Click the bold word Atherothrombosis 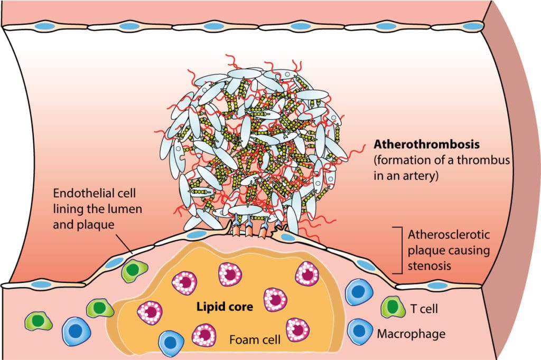(417, 144)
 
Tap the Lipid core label (223, 307)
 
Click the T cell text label (422, 308)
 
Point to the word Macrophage (411, 333)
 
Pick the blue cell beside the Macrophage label (359, 331)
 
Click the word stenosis (430, 265)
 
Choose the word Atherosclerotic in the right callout (437, 234)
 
